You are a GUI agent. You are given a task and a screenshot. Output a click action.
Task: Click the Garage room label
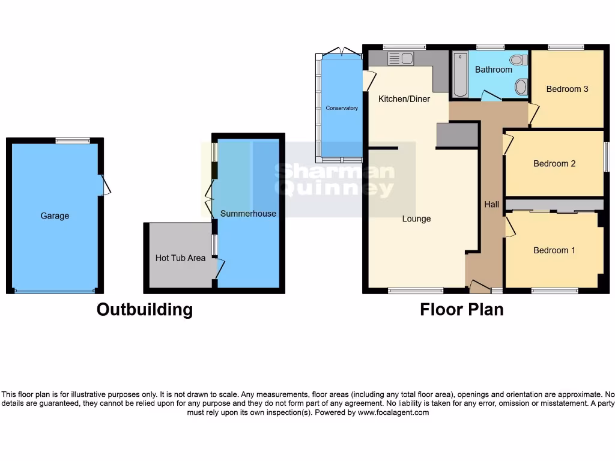[x=55, y=216]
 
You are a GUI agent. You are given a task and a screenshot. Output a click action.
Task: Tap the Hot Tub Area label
[x=180, y=258]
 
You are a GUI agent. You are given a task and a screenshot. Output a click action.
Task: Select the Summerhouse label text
[x=248, y=214]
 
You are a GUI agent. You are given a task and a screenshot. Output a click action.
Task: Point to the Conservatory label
[x=342, y=108]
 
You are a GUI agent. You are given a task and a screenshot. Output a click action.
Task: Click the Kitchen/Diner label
[x=404, y=99]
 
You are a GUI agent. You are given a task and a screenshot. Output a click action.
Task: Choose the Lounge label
[x=416, y=219]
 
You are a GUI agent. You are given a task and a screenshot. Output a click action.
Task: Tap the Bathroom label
[x=494, y=70]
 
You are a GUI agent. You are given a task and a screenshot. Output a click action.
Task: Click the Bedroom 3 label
[x=567, y=89]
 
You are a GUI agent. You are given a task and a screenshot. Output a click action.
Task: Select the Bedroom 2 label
[x=554, y=163]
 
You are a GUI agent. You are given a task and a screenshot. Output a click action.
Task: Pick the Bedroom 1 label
[x=554, y=250]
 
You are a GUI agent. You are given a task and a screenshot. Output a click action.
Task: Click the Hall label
[x=492, y=205]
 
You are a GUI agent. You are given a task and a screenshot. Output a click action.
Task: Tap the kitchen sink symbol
[x=401, y=58]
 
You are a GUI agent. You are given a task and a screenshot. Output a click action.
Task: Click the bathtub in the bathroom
[x=461, y=74]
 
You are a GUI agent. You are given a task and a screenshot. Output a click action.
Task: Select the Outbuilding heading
[x=145, y=309]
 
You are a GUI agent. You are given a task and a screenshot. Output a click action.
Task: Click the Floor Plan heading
[x=461, y=309]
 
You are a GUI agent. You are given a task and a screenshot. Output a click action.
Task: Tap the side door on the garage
[x=105, y=185]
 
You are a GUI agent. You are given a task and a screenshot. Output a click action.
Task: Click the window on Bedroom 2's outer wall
[x=606, y=157]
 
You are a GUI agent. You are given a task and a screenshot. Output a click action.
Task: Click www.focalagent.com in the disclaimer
[x=393, y=412]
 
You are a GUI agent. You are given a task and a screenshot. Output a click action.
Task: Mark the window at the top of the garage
[x=72, y=140]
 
